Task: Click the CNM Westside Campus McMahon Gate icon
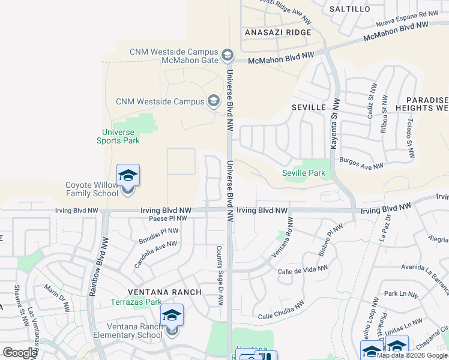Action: click(227, 56)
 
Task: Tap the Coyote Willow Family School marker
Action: click(128, 176)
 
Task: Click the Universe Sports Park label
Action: click(118, 136)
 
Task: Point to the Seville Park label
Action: click(304, 173)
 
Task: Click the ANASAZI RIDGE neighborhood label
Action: click(277, 32)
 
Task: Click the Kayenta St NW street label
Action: click(335, 125)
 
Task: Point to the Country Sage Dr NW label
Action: click(220, 275)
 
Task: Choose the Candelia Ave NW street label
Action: click(155, 254)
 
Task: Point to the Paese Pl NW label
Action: click(168, 219)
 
